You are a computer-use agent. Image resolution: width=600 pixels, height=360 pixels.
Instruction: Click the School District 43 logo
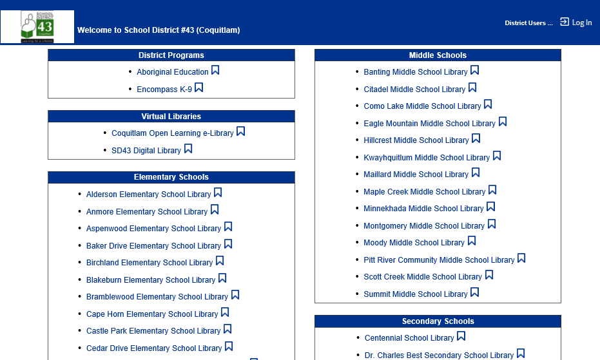coord(37,26)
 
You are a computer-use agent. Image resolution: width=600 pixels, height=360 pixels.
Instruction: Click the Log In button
coord(576,23)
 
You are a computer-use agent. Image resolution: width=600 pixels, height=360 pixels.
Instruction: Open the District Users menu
coord(528,23)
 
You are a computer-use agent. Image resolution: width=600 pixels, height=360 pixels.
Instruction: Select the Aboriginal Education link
coord(172,72)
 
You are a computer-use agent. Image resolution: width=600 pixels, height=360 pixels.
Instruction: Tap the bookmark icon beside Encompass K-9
coord(199,88)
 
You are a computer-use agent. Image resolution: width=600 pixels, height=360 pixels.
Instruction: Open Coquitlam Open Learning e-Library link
coord(172,133)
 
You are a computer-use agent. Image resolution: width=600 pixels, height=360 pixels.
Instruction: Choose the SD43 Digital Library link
coord(146,151)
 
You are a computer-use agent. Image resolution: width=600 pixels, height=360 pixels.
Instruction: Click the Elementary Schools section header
coord(171,177)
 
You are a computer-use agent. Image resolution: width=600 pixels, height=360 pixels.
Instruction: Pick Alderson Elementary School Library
coord(148,194)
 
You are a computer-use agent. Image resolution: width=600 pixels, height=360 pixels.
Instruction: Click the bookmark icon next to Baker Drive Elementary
coord(228,244)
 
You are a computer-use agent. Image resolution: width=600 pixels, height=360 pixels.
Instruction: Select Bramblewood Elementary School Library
coord(157,297)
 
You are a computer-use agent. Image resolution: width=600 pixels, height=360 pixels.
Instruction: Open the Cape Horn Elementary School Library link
coord(152,314)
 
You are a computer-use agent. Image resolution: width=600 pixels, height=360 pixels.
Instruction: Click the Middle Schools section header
coord(438,55)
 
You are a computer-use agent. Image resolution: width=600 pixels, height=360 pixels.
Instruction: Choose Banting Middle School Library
coord(415,72)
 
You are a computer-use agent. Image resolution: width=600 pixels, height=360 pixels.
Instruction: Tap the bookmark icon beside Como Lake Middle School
coord(488,104)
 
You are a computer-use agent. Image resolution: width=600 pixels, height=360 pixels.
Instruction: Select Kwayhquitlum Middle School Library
coord(427,158)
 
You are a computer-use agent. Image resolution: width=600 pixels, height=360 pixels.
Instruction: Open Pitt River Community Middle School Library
coord(439,260)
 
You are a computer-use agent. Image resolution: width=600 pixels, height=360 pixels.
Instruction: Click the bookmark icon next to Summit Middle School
coord(474,292)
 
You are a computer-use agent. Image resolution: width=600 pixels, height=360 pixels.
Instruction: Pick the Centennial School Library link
coord(409,338)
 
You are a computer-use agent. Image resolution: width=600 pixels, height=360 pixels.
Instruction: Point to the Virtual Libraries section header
coord(171,117)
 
